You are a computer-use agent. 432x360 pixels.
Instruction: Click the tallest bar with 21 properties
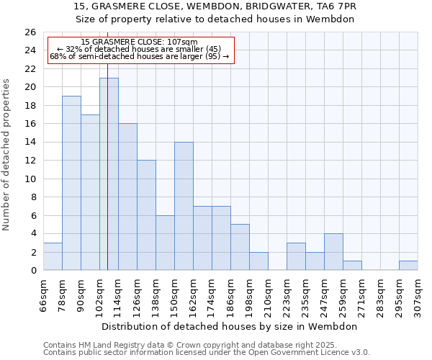click(x=109, y=174)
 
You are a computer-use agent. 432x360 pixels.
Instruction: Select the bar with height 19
click(x=71, y=183)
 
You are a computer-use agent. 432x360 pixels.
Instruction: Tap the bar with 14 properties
click(x=184, y=206)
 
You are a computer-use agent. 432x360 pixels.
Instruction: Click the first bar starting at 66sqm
click(x=53, y=256)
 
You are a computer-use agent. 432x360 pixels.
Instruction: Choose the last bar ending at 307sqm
click(x=408, y=265)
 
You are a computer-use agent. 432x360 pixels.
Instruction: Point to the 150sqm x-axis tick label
click(x=174, y=294)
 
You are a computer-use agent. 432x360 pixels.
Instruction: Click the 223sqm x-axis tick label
click(x=287, y=294)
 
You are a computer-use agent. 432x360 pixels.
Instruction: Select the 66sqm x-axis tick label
click(x=43, y=294)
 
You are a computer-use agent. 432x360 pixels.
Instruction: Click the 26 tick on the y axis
click(x=30, y=32)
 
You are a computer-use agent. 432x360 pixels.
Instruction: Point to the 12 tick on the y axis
click(x=30, y=161)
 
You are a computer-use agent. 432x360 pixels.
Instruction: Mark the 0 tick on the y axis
click(x=32, y=270)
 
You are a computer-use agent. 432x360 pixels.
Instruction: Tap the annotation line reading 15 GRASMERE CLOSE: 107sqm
click(x=139, y=42)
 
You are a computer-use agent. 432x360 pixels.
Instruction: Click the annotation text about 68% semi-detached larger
click(x=139, y=56)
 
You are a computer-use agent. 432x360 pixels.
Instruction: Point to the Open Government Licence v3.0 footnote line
click(x=207, y=352)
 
